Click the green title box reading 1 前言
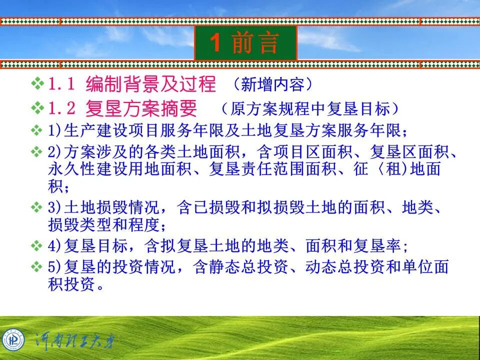[x=245, y=43]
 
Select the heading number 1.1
[x=62, y=84]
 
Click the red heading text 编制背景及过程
[x=151, y=84]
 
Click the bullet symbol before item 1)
[x=36, y=131]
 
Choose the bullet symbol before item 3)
[x=36, y=207]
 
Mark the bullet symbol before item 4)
[x=36, y=246]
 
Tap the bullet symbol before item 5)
[x=36, y=267]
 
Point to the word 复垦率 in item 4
[x=385, y=246]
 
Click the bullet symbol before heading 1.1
[x=38, y=83]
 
